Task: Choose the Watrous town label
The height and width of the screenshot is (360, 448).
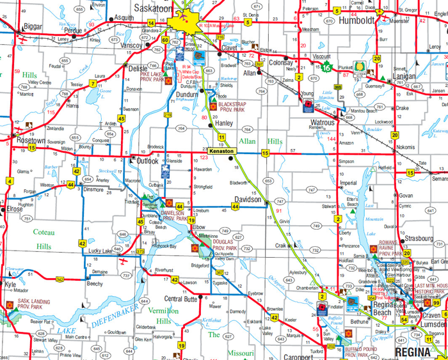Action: tap(323, 121)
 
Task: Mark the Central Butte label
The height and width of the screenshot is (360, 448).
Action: tap(180, 299)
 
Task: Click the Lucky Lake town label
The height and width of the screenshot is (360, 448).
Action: tap(101, 250)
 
